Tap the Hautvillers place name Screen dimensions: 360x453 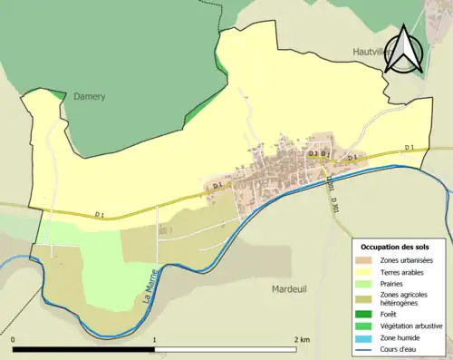click(373, 53)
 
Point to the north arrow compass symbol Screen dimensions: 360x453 click(406, 51)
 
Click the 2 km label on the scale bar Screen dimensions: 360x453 click(302, 339)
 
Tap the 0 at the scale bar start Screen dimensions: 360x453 click(14, 339)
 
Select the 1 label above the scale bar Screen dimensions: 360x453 click(155, 339)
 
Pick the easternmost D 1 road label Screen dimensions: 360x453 click(409, 148)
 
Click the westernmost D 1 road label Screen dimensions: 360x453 click(100, 215)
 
